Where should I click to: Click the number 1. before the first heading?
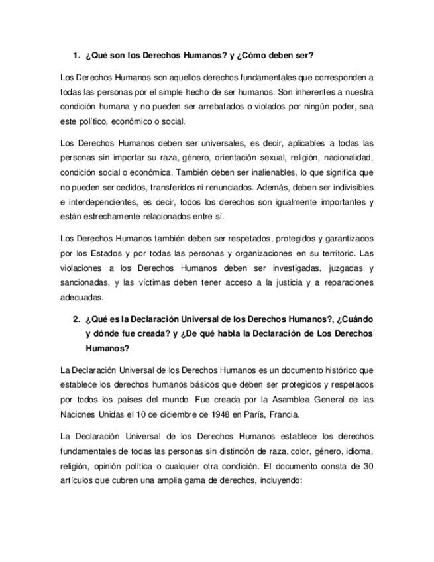point(76,55)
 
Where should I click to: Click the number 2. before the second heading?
point(76,320)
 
